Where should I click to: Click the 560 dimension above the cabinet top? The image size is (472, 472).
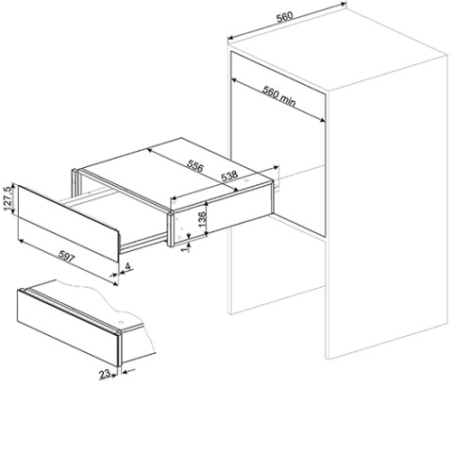[x=285, y=17]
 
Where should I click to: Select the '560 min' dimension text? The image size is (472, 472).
[x=279, y=95]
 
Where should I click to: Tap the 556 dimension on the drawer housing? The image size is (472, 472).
[x=195, y=166]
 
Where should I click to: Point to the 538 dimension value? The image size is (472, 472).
[x=229, y=176]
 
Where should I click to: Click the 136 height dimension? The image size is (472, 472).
[x=202, y=219]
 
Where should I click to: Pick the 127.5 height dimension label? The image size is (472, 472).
[x=8, y=199]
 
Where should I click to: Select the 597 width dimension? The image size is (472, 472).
[x=67, y=257]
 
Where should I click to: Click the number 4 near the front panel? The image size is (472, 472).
[x=127, y=267]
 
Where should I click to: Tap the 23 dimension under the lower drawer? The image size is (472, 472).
[x=105, y=374]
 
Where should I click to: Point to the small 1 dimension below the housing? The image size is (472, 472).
[x=185, y=248]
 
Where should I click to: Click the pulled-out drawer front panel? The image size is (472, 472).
[x=68, y=223]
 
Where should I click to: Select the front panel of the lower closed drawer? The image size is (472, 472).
[x=69, y=328]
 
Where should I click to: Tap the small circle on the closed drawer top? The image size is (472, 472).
[x=121, y=322]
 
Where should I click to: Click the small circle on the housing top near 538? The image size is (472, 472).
[x=245, y=181]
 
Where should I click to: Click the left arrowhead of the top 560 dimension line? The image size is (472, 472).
[x=230, y=38]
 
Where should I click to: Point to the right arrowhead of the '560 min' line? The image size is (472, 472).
[x=322, y=120]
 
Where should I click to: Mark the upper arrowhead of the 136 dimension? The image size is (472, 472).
[x=206, y=204]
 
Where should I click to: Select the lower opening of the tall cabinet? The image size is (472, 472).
[x=278, y=270]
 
